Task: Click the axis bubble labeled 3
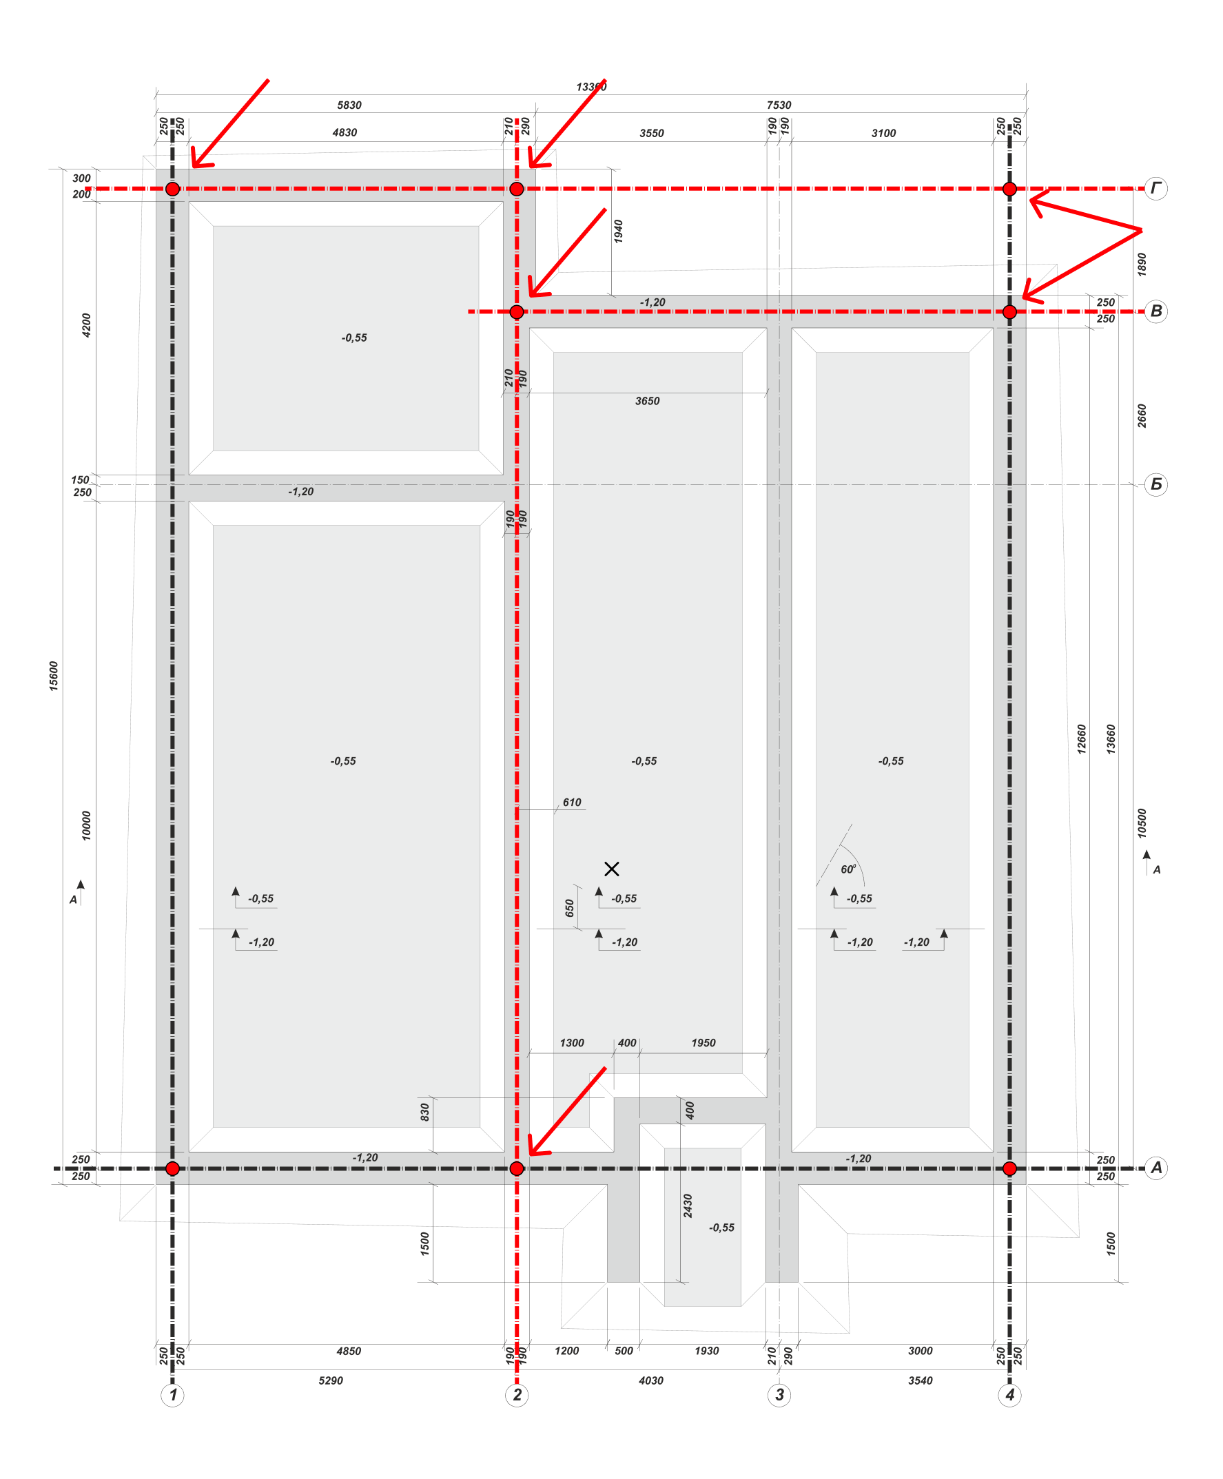[779, 1394]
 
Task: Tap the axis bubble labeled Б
[1156, 484]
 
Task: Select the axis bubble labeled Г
[1156, 188]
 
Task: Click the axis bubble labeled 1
[173, 1394]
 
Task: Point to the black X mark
[612, 869]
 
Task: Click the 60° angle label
[848, 869]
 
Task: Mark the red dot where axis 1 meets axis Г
[173, 189]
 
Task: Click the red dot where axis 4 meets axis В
[1009, 311]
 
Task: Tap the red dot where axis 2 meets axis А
[516, 1168]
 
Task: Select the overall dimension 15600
[54, 675]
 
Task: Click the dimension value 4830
[345, 132]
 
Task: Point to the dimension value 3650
[648, 401]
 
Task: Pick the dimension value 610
[572, 802]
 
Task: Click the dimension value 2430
[688, 1206]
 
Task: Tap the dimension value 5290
[331, 1380]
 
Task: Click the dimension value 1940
[618, 231]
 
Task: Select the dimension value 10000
[86, 825]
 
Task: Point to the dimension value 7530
[779, 105]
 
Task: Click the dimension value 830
[424, 1112]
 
